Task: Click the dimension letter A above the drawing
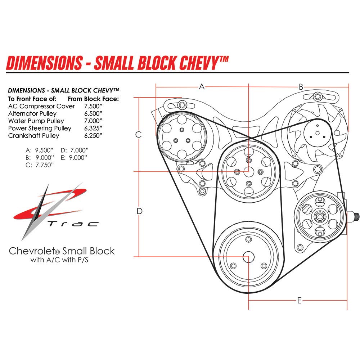tap(202, 86)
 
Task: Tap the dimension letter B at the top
tap(301, 86)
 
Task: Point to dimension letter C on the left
tap(138, 135)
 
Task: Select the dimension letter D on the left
tap(140, 211)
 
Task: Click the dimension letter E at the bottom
tap(299, 300)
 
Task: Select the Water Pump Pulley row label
tap(36, 121)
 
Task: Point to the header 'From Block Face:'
tap(93, 99)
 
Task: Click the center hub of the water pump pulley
tap(248, 172)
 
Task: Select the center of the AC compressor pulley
tap(182, 138)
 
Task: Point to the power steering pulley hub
tap(319, 216)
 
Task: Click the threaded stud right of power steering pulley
tap(355, 217)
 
